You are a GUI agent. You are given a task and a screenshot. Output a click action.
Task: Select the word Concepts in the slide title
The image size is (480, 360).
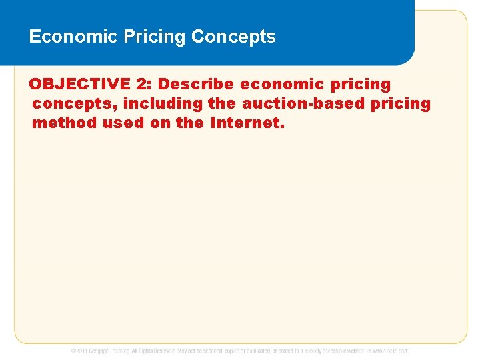[x=233, y=37]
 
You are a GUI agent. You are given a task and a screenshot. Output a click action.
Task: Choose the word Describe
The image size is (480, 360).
[x=197, y=85]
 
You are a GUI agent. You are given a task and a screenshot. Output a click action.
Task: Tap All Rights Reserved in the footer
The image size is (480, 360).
[x=153, y=351]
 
